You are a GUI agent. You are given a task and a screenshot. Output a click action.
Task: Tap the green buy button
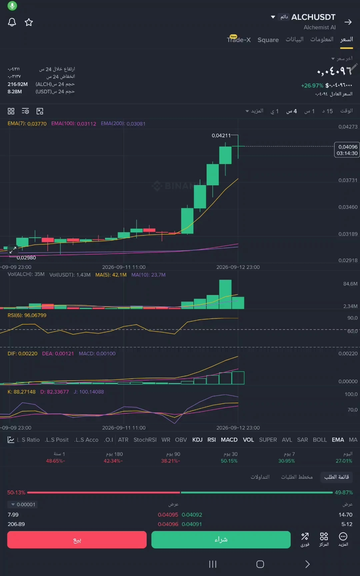click(x=221, y=540)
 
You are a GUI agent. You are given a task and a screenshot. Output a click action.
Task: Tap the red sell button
click(x=77, y=540)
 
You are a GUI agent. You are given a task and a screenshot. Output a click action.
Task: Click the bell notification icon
click(x=12, y=22)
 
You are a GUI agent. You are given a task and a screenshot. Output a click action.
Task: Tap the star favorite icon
click(x=29, y=22)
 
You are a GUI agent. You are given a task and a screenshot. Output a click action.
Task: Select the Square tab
click(x=268, y=40)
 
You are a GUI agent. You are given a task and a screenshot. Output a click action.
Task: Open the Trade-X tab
click(x=239, y=39)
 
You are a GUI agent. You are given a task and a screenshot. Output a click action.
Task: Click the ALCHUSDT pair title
click(x=313, y=17)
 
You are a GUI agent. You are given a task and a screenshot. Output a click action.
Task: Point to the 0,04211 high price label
click(x=221, y=135)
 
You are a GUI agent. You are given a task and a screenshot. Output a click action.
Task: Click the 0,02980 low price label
click(x=26, y=258)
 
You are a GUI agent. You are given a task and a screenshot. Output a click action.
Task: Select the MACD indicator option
click(x=229, y=440)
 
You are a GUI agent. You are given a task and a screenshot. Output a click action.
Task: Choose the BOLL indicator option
click(x=320, y=440)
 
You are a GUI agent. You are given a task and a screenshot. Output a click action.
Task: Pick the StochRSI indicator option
click(x=145, y=440)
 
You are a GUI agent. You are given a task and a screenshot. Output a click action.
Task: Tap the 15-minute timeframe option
click(x=327, y=111)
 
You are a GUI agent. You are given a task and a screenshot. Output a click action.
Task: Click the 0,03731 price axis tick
click(x=348, y=180)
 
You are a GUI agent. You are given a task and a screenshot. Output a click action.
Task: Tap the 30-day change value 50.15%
click(x=229, y=461)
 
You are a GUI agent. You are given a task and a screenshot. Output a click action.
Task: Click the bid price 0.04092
click(x=192, y=515)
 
